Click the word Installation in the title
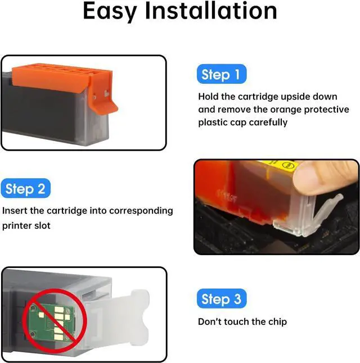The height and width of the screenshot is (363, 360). [211, 11]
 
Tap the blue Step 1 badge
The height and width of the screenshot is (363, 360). [222, 74]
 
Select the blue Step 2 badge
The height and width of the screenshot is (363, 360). [25, 188]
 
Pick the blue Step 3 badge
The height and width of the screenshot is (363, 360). [222, 298]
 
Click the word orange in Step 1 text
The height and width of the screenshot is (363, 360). [286, 110]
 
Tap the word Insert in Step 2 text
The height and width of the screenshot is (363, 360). [15, 211]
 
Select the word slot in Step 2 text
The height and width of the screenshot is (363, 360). [42, 225]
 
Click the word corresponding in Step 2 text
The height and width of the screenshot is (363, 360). [141, 211]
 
